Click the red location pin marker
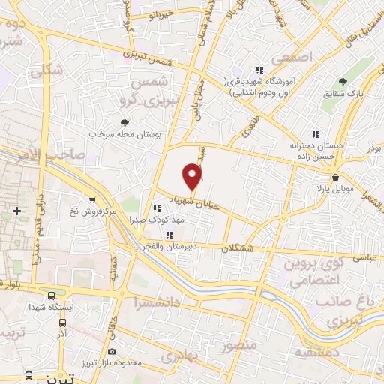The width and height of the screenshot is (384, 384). click(193, 178)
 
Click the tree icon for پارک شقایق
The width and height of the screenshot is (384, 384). click(343, 82)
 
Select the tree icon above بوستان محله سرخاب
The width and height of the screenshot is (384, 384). click(124, 123)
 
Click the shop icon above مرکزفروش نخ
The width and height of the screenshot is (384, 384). click(92, 200)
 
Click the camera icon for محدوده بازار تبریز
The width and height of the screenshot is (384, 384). click(112, 351)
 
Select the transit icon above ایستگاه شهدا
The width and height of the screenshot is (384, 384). click(52, 295)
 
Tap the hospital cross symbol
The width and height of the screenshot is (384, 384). click(16, 212)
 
